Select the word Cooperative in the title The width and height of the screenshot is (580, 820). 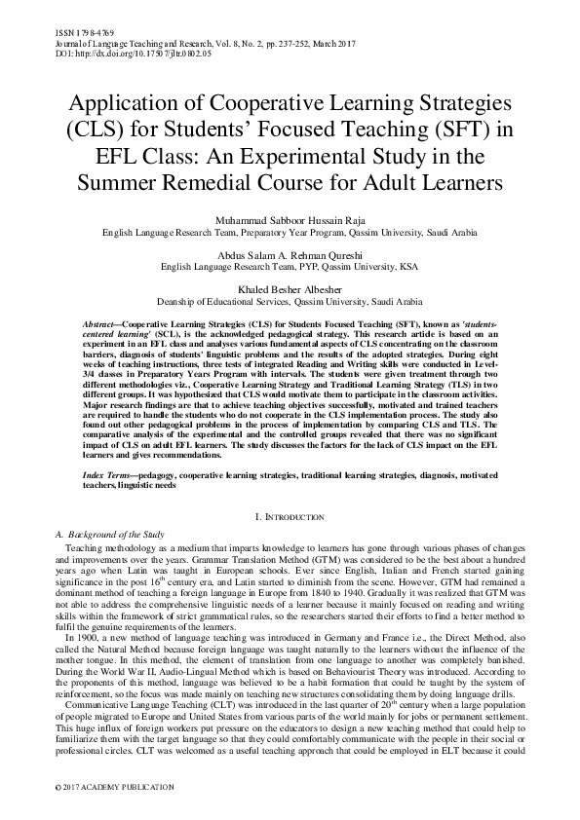pyautogui.click(x=251, y=103)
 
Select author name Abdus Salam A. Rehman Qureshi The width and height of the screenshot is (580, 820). pyautogui.click(x=290, y=251)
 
